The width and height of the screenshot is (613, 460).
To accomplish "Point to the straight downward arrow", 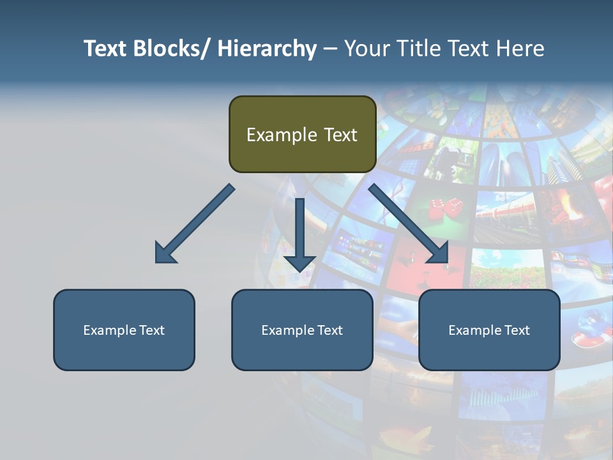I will click(299, 233).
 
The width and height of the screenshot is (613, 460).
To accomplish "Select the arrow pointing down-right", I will click(409, 224).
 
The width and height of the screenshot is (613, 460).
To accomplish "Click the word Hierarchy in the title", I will click(267, 49).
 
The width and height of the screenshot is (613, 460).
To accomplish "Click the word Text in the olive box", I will click(340, 135).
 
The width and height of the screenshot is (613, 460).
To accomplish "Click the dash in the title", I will click(330, 49).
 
